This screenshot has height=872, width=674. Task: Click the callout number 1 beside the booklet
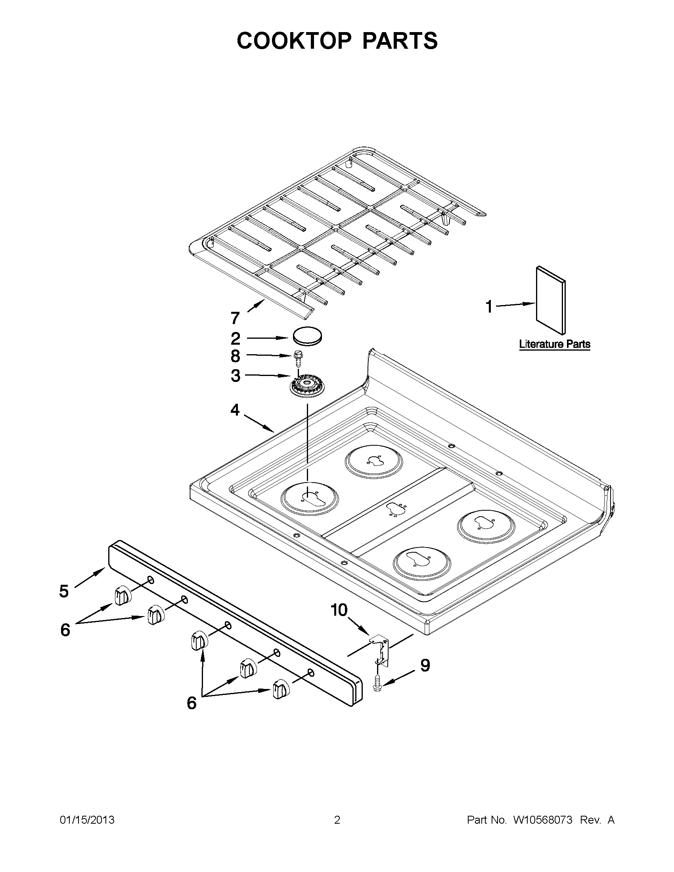click(x=488, y=307)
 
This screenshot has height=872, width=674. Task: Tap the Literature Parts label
click(x=555, y=344)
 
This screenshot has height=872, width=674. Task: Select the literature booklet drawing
click(x=551, y=300)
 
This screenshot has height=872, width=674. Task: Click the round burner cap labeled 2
click(x=308, y=336)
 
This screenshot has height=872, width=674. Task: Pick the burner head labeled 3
click(x=307, y=387)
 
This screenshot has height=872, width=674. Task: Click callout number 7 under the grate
click(x=236, y=318)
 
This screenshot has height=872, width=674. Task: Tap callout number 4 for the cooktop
click(x=235, y=410)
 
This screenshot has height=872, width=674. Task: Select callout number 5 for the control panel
click(x=64, y=592)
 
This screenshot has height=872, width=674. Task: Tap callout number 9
click(x=425, y=666)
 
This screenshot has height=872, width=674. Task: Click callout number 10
click(x=339, y=610)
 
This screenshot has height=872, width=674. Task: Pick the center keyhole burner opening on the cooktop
click(x=396, y=509)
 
